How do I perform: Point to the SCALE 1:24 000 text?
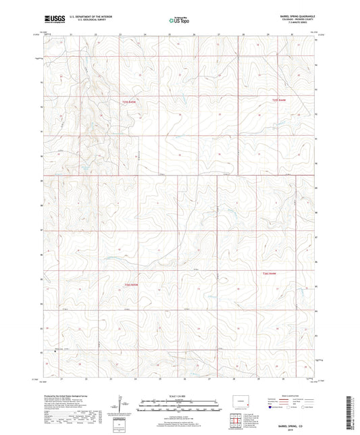point(179,395)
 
